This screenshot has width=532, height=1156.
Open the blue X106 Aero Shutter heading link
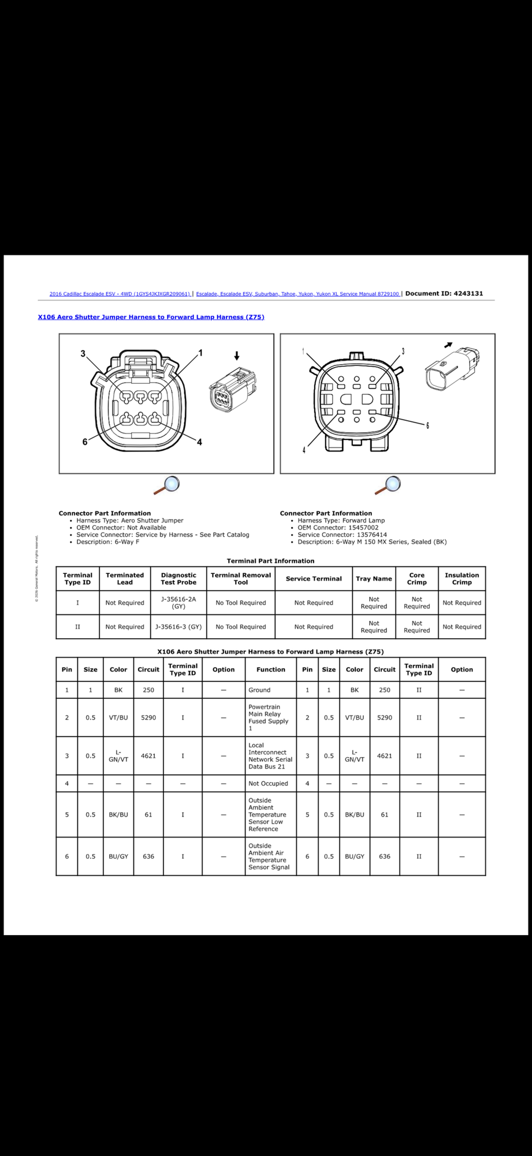[x=151, y=317]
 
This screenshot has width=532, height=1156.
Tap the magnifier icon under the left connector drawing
[x=166, y=485]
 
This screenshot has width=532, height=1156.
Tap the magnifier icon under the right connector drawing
[x=388, y=485]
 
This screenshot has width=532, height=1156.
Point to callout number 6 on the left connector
[x=85, y=442]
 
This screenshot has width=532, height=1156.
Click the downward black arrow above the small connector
[x=236, y=356]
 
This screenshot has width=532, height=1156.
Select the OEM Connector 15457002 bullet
[x=338, y=528]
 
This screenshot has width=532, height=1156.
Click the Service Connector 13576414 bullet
[x=342, y=535]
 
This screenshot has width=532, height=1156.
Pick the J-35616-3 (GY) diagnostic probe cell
[x=178, y=627]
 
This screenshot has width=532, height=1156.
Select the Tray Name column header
[x=374, y=579]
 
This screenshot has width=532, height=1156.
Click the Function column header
[x=270, y=669]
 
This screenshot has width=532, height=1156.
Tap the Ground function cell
[x=259, y=690]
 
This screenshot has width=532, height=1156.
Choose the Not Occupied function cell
[x=268, y=784]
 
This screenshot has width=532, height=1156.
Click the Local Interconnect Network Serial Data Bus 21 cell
[x=270, y=756]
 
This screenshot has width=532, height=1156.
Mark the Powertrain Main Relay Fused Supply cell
[x=268, y=717]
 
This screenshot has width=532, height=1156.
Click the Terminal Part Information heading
[x=270, y=561]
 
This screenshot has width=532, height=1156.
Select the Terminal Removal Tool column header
[x=240, y=579]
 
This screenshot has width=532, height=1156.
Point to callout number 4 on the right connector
[x=304, y=450]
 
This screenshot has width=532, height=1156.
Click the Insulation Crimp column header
[x=462, y=579]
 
